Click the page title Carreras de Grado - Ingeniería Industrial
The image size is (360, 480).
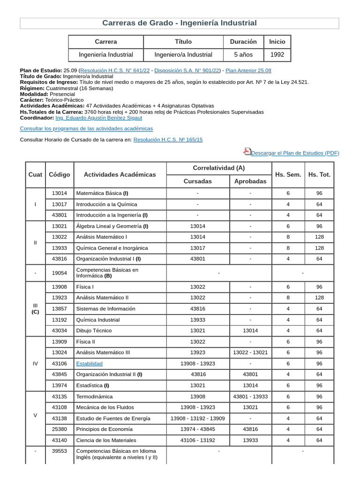pos(180,23)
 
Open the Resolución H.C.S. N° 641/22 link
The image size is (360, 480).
pos(115,70)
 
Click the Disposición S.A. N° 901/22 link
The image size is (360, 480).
pos(187,70)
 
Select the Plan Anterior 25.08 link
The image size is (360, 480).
pos(248,70)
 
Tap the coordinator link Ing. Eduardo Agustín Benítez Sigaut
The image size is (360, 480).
pos(98,118)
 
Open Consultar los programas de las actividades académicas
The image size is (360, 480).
pos(86,128)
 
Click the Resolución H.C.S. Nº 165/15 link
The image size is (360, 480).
pos(168,140)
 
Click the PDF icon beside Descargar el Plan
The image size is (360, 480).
pos(247,151)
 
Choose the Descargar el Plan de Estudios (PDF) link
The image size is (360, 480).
pos(295,153)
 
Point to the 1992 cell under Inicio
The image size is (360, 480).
pos(277,55)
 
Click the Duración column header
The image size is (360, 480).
pos(243,42)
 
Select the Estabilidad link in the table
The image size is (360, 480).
pos(89,363)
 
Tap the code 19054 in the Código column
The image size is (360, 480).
pos(59,273)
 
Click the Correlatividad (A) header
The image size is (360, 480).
pos(219,168)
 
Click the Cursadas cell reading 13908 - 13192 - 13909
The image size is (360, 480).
pos(197,418)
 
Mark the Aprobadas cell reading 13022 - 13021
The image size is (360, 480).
pos(250,352)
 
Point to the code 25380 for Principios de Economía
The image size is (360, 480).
pos(59,429)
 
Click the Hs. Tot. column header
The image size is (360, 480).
pos(319,174)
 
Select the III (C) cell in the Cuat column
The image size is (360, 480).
pos(35,308)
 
